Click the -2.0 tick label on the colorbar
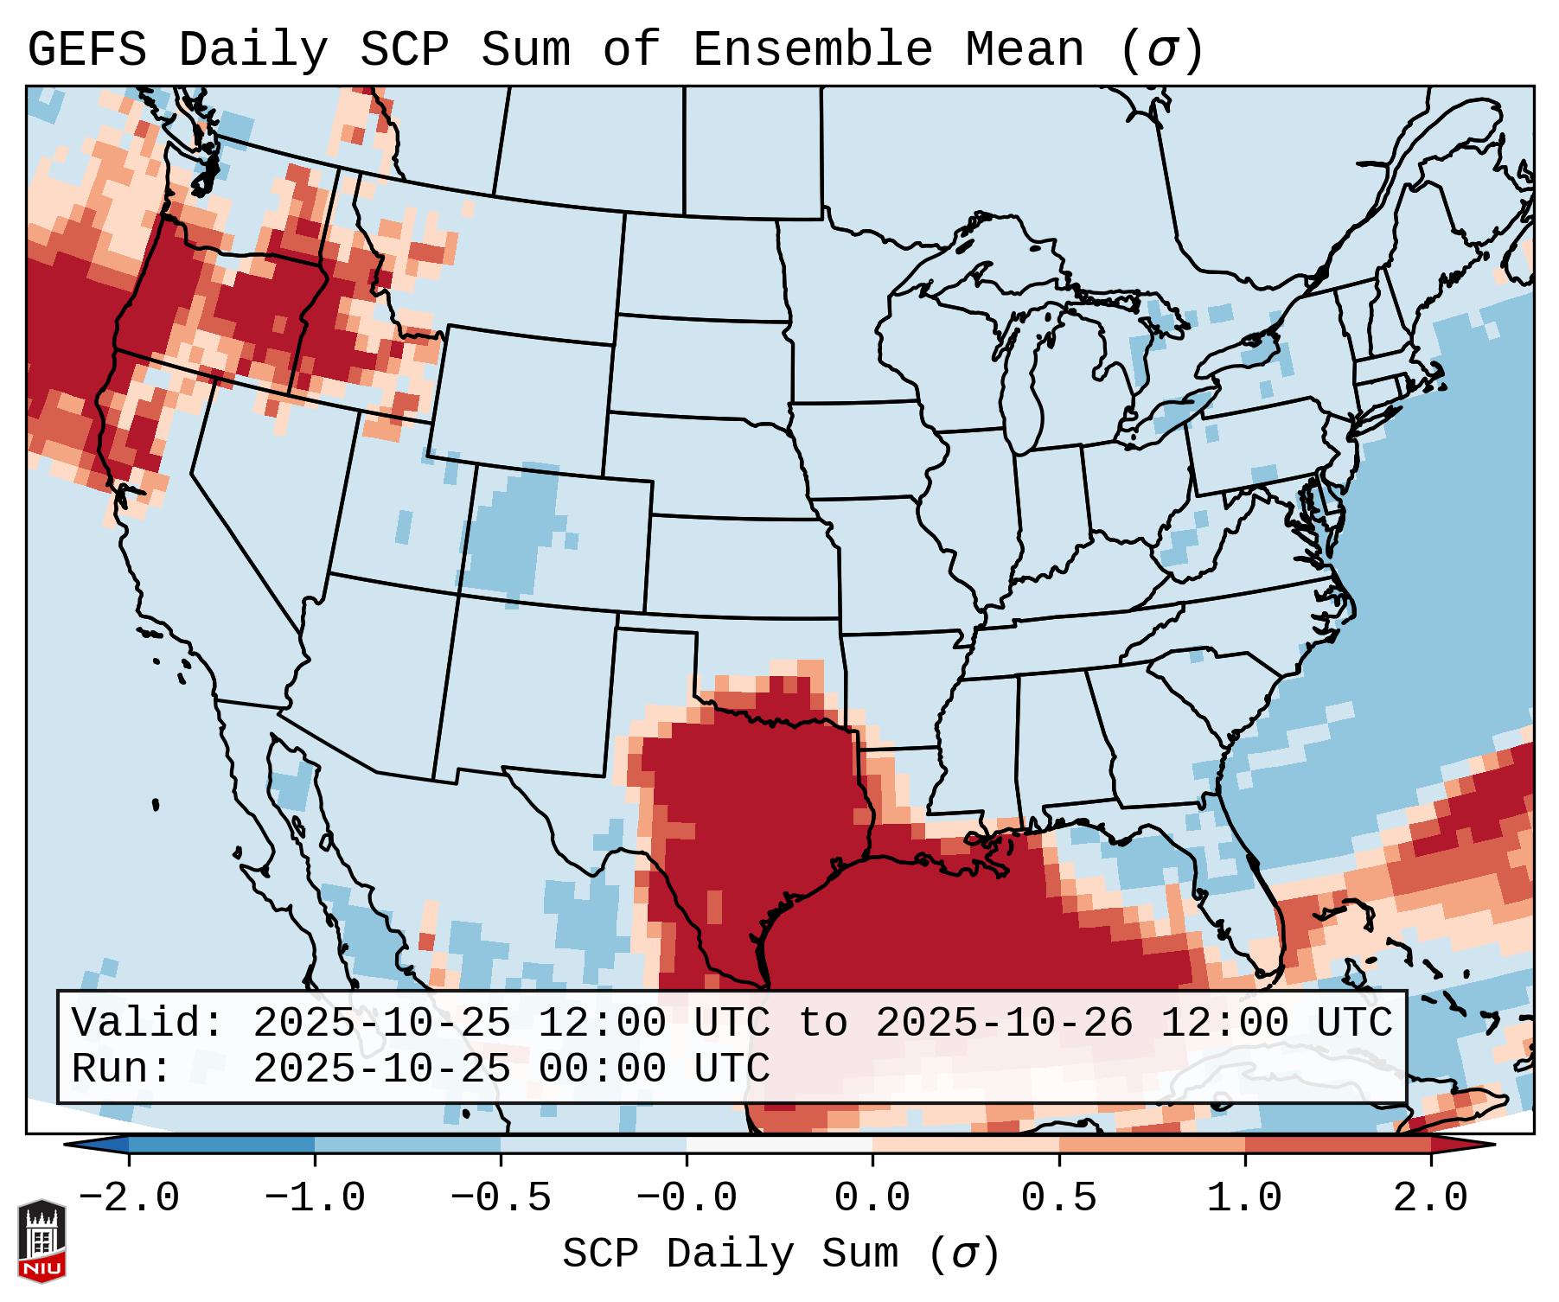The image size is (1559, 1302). pos(129,1198)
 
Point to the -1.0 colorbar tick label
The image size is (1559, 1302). pos(315,1198)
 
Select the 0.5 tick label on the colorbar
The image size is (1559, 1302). pos(1058,1198)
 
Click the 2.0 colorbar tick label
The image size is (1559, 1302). pos(1430,1198)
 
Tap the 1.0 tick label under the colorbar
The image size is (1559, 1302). pos(1244,1198)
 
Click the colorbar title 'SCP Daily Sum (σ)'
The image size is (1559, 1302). pos(781,1254)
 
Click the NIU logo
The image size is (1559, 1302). pos(42,1241)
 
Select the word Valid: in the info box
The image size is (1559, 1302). pos(147,1023)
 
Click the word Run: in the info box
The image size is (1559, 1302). pos(122,1069)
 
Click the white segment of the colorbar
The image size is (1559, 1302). pos(779,1145)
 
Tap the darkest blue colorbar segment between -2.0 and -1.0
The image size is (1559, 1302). pos(221,1145)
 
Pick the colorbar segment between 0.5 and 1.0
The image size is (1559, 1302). pos(1152,1145)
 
